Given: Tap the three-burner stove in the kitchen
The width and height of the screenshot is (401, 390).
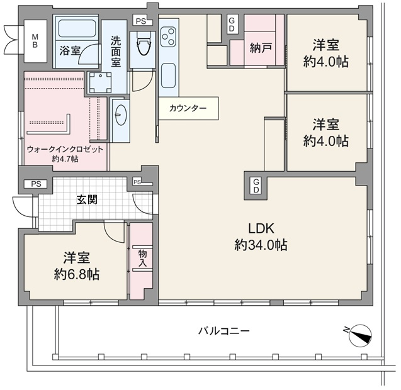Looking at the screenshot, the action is coord(169,37).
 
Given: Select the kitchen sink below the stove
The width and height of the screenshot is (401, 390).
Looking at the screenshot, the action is coord(168,76).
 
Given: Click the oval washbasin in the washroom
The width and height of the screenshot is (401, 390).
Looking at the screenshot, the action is coord(120,115).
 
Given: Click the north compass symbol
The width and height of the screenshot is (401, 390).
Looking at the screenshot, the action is coord(360,335).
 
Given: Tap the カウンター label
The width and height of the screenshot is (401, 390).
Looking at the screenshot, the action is coord(188,108).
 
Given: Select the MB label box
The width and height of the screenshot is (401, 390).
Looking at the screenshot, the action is coord(35,41).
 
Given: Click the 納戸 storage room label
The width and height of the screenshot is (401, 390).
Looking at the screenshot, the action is coord(261,48).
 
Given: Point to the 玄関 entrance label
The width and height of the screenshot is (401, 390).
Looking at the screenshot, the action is coord(87,199).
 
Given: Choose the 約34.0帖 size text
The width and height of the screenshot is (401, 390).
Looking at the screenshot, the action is coord(261,245).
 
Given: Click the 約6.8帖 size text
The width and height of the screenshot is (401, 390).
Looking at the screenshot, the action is coord(76,274).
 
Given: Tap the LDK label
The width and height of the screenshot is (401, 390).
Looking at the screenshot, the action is coord(261,228).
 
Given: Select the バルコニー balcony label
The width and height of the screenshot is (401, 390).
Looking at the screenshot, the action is coord(223,331).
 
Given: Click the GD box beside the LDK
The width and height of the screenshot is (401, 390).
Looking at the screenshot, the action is coord(256,186).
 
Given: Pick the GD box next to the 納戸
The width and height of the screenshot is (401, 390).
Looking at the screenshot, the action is coord(232,25).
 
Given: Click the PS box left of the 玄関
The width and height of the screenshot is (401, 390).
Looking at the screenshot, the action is coord(36,184).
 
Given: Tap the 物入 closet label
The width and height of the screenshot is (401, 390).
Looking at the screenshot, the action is coord(142,259).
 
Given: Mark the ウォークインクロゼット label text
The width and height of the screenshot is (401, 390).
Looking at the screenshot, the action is coord(65,149).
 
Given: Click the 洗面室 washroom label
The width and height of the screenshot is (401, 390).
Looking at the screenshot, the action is coord(116,52).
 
